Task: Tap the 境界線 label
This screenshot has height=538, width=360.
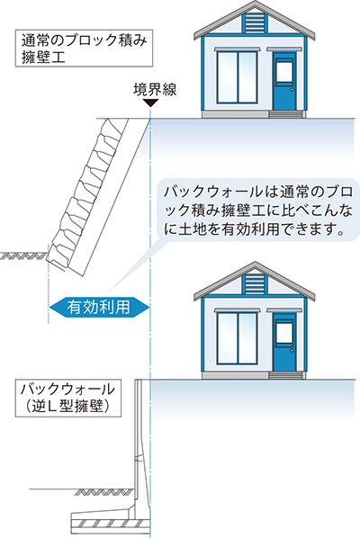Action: [155, 90]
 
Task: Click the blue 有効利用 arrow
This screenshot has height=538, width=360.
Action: [99, 307]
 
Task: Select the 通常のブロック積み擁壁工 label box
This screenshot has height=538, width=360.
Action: [84, 48]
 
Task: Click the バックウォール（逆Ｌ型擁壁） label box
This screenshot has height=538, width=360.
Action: [68, 398]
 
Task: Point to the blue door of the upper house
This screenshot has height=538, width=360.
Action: [284, 82]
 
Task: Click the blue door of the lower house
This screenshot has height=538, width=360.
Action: [284, 343]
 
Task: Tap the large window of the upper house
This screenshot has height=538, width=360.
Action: [237, 77]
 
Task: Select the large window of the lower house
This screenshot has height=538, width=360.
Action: [237, 338]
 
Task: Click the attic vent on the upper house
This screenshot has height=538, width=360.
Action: [255, 23]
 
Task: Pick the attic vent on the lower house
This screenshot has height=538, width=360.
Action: [255, 284]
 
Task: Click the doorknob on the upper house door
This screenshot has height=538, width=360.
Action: [292, 90]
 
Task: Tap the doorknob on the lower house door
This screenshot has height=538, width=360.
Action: [292, 350]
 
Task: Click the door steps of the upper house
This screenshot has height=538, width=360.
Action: [287, 114]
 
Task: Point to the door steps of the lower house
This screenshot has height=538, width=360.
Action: [287, 375]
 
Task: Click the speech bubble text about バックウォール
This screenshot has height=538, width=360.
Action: [258, 210]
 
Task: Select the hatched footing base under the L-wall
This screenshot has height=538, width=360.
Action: [111, 524]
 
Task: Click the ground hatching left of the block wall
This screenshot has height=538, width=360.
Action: [23, 256]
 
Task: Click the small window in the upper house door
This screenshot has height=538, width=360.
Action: [284, 72]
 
